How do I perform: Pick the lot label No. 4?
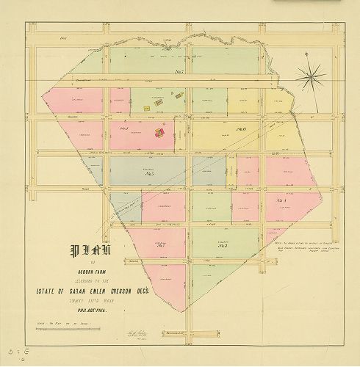tap(281, 199)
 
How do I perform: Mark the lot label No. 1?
tap(161, 245)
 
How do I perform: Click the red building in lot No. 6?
tap(158, 133)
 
